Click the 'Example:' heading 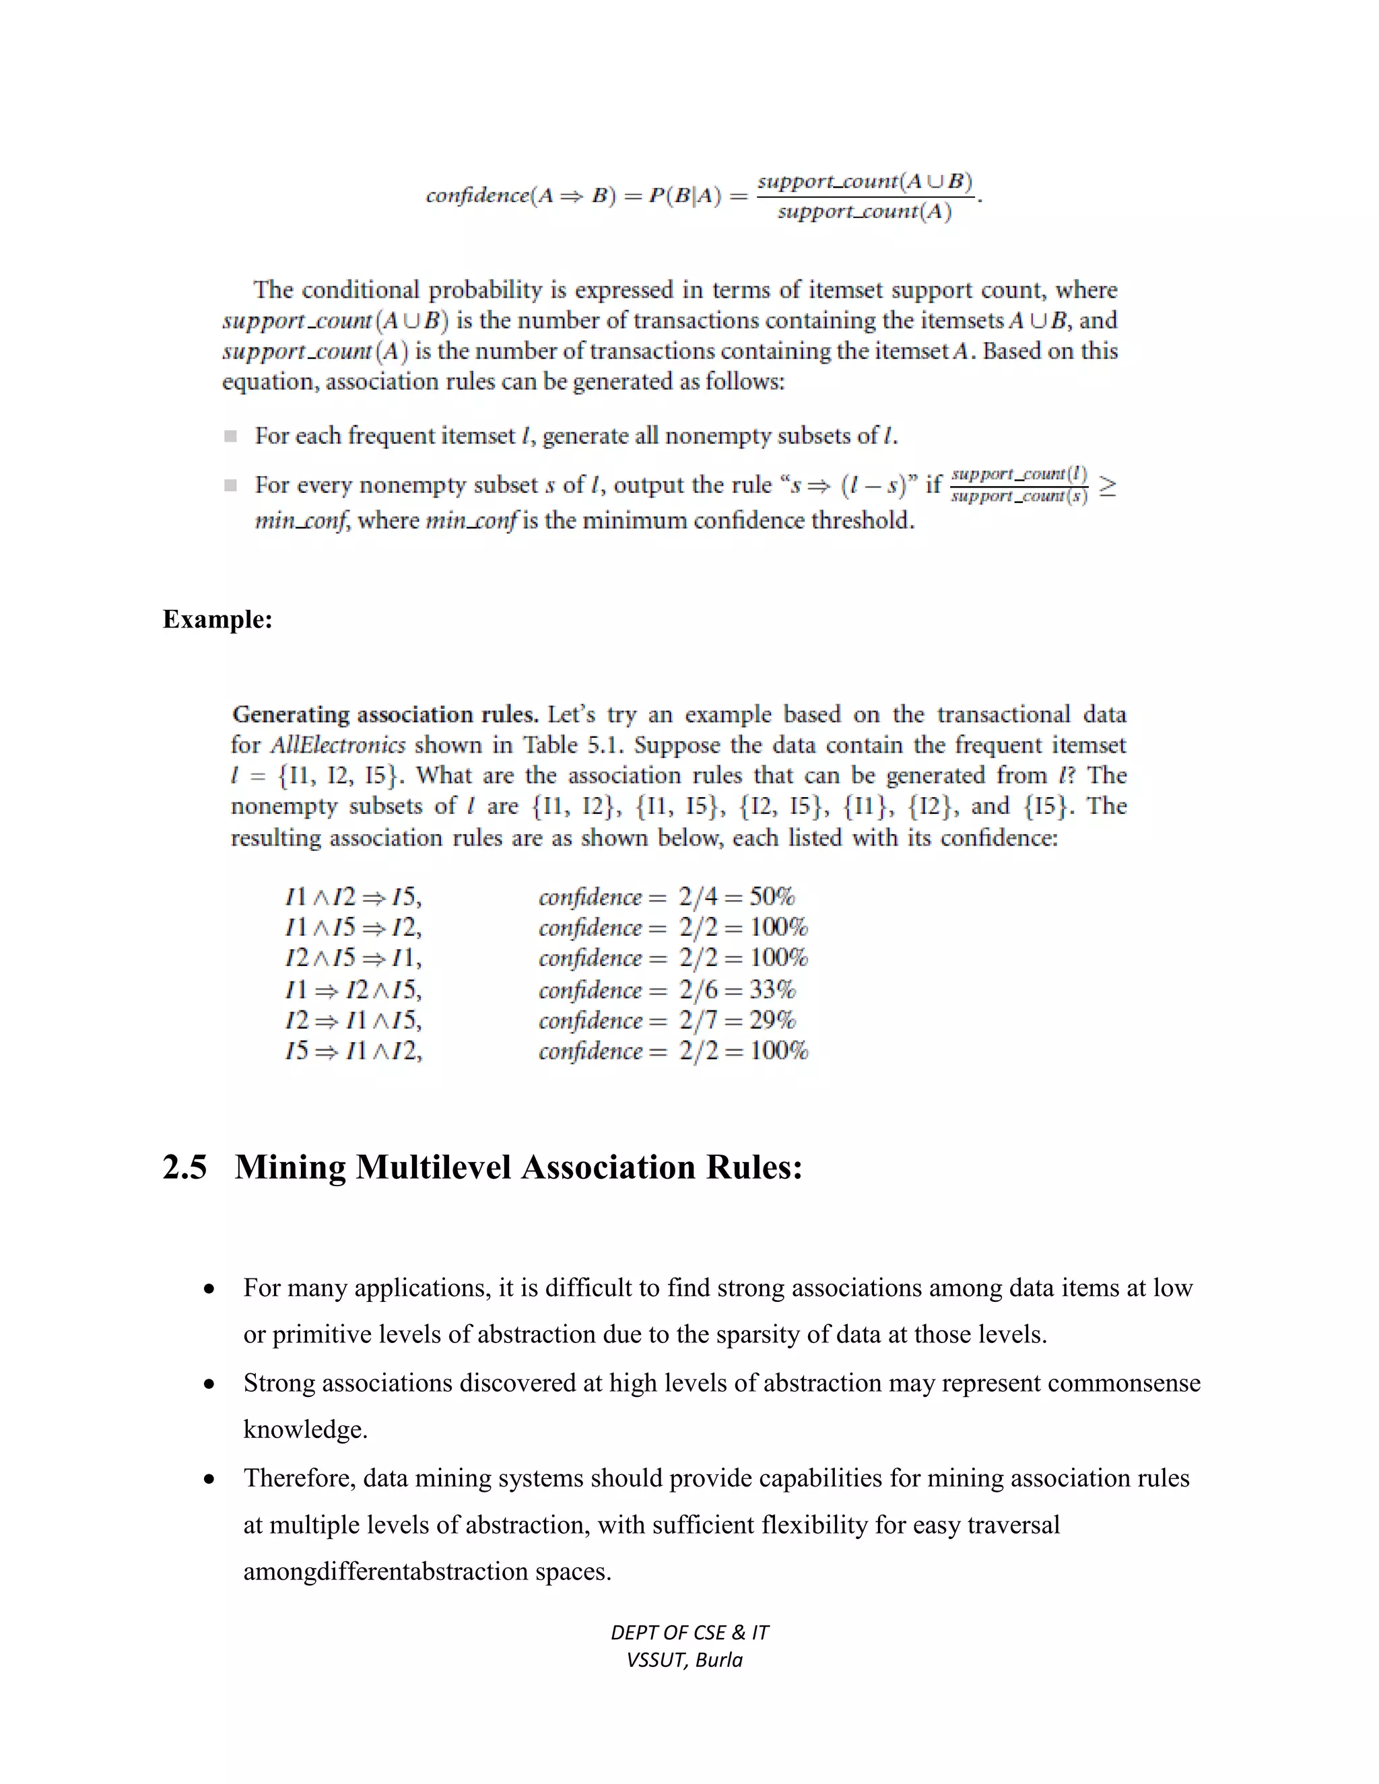click(217, 620)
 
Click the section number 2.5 click(184, 1167)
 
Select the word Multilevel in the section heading click(434, 1167)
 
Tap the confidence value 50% click(772, 897)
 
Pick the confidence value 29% click(772, 1020)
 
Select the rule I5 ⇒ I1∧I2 click(354, 1050)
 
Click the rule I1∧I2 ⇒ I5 click(354, 897)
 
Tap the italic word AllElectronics click(337, 746)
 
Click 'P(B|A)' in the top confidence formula click(685, 197)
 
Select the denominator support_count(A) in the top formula click(865, 212)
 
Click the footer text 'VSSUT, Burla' click(685, 1660)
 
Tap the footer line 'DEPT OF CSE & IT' click(689, 1632)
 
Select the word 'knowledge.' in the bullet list click(306, 1429)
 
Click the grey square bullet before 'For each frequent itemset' click(230, 436)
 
